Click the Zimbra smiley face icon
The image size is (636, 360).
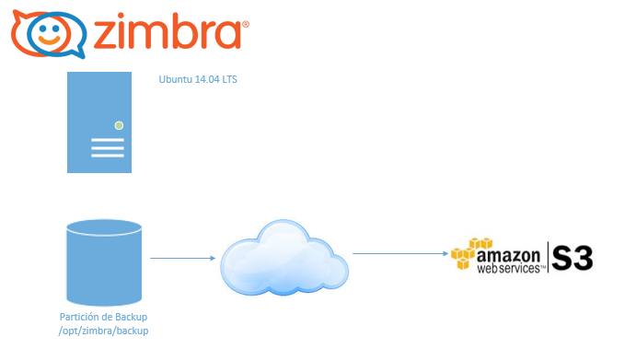point(49,34)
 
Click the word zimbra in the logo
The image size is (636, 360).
point(168,31)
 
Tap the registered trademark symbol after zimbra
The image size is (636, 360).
point(246,25)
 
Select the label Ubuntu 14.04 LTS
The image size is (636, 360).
point(198,79)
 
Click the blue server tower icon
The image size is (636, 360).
point(99,122)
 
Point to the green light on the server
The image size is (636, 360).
point(119,126)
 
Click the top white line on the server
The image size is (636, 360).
point(108,140)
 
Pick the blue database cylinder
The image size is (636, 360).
point(104,262)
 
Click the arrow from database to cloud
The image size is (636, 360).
point(182,258)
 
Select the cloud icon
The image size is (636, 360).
point(283,257)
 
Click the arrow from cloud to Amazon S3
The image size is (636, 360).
point(400,254)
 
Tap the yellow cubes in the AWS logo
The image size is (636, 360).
point(469,253)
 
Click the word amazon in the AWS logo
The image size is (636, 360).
point(508,256)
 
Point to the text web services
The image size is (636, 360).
point(508,268)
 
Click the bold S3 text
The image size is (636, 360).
point(572,258)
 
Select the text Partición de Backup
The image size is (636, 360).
point(103,317)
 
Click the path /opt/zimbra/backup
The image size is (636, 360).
point(103,331)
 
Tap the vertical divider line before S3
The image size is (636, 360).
point(548,257)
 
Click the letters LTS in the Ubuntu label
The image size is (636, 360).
point(229,79)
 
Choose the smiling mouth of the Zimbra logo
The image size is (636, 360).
point(49,41)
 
